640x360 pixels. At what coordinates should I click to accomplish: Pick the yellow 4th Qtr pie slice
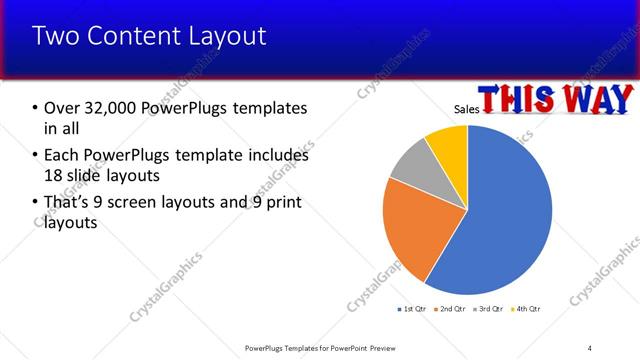(448, 144)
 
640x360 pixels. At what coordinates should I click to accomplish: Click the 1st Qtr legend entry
(411, 308)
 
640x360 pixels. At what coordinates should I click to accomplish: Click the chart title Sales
(466, 108)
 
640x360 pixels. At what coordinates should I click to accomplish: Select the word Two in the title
(53, 37)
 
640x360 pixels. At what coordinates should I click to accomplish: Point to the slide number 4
(590, 347)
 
